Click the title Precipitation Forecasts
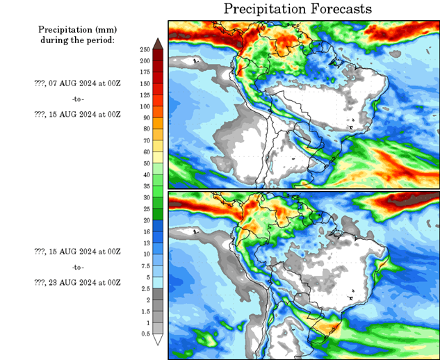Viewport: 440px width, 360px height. tap(298, 9)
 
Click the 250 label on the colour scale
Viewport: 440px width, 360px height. tap(145, 50)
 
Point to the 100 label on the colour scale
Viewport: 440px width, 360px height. tap(145, 106)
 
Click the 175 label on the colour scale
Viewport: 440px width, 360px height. tap(145, 72)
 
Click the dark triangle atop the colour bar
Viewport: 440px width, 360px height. tap(158, 43)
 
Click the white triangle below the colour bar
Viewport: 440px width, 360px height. tap(158, 340)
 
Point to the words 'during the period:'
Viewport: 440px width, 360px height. tap(76, 40)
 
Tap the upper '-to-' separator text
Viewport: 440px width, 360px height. tap(77, 98)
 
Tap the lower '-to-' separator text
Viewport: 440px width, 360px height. tap(77, 267)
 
